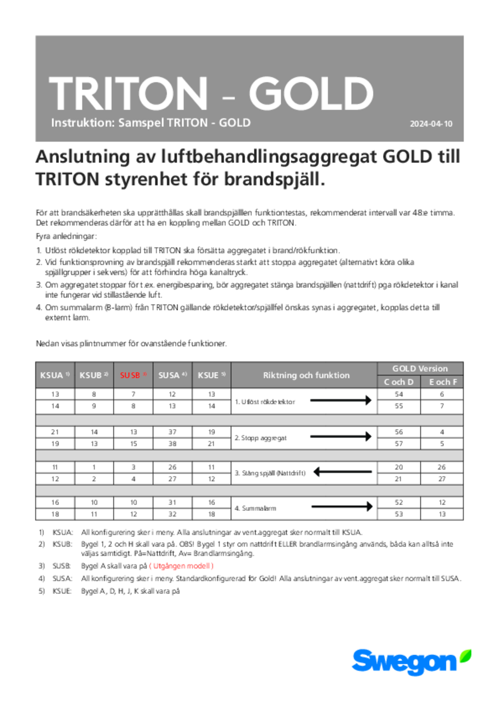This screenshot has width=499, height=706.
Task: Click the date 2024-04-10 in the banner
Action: tap(431, 124)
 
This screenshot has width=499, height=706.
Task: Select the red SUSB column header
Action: tap(133, 375)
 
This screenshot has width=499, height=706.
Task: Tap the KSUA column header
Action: tap(55, 375)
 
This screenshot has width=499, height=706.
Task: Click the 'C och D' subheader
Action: tap(399, 382)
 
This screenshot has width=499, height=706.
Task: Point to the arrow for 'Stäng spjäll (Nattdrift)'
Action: tap(342, 472)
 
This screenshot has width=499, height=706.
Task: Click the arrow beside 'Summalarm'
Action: tap(342, 507)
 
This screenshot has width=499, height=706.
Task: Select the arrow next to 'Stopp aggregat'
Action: tap(341, 436)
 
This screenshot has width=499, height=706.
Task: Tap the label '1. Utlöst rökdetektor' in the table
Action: tap(265, 402)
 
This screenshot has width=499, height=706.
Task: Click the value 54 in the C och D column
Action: tap(399, 394)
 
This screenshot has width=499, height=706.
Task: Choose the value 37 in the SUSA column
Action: tap(172, 432)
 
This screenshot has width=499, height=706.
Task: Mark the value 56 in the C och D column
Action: tap(399, 432)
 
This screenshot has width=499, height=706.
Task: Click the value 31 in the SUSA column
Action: tap(172, 502)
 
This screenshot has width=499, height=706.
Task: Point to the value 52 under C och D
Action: tap(399, 502)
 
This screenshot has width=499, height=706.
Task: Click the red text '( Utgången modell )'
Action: tap(181, 566)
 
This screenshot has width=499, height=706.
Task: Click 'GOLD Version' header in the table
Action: tap(420, 369)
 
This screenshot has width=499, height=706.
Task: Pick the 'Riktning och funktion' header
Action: tap(306, 375)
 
